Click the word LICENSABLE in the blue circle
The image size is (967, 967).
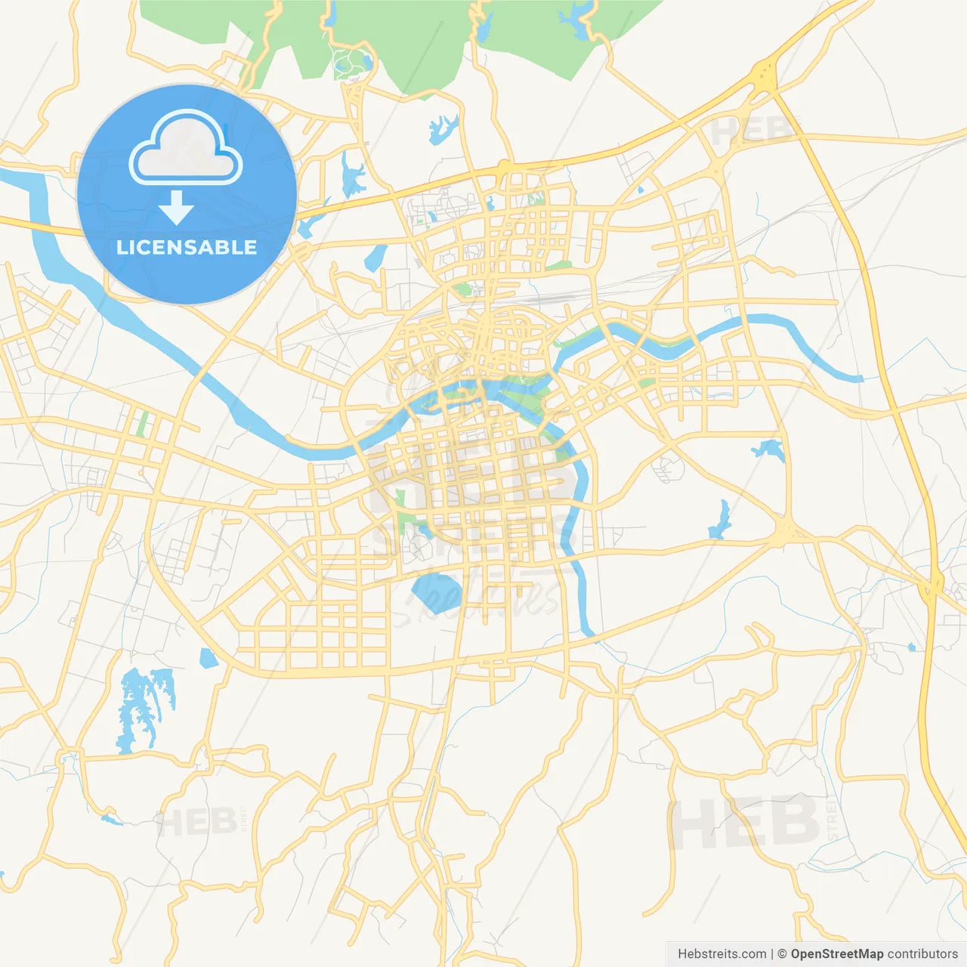click(187, 247)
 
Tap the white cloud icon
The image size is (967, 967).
click(186, 150)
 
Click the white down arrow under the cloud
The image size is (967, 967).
click(176, 208)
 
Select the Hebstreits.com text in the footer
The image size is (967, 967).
click(721, 954)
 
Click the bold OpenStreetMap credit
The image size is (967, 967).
click(836, 954)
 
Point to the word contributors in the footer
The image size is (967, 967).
click(922, 954)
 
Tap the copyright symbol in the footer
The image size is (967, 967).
click(782, 954)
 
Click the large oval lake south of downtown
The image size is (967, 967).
click(436, 591)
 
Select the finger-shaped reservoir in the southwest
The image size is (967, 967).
click(144, 706)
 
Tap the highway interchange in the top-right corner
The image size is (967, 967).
click(765, 76)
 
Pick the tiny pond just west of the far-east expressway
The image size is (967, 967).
click(911, 647)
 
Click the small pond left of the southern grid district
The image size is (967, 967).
click(207, 658)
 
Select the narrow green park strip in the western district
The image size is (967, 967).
click(141, 425)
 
